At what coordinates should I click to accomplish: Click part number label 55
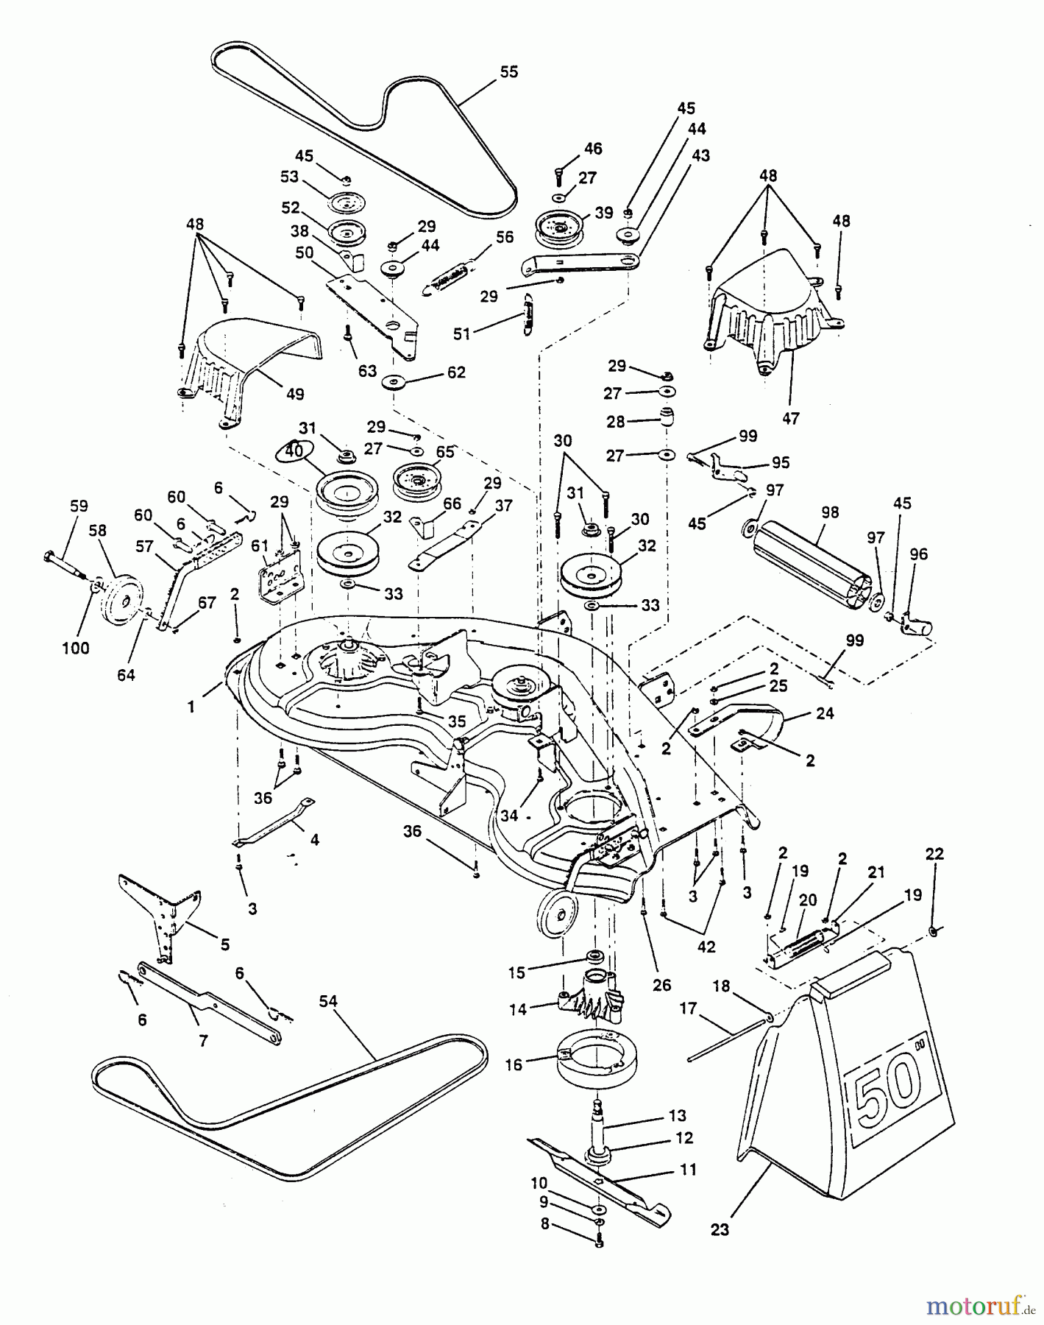tap(509, 72)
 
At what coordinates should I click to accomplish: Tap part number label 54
tap(330, 1001)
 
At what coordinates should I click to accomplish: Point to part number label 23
tap(720, 1229)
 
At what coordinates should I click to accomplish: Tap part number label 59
tap(79, 506)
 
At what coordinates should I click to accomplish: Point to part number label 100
tap(76, 648)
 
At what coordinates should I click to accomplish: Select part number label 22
tap(934, 854)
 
